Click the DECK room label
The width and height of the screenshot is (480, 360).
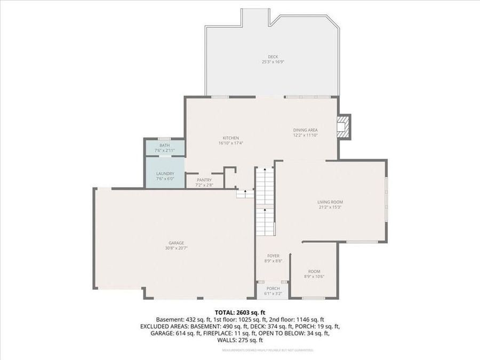(x=273, y=57)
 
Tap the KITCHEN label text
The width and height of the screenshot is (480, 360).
(x=230, y=138)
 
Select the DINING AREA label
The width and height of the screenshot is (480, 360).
(x=306, y=130)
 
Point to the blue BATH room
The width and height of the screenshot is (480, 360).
(x=165, y=148)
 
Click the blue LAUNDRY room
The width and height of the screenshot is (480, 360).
(x=165, y=176)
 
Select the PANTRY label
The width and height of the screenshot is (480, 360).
(x=204, y=180)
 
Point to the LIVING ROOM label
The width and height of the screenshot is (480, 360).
(x=330, y=202)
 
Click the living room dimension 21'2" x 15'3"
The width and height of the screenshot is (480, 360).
(x=330, y=207)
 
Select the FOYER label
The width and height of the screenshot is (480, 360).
(x=273, y=256)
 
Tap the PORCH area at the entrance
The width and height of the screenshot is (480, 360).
(x=273, y=291)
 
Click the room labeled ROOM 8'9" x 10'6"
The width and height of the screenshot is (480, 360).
(x=314, y=274)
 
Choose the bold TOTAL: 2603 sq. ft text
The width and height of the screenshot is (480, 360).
(x=239, y=312)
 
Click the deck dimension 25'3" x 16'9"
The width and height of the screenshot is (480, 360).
(x=273, y=62)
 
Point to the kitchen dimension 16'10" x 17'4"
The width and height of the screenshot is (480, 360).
(x=230, y=143)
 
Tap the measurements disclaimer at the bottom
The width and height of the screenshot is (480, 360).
(x=267, y=350)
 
